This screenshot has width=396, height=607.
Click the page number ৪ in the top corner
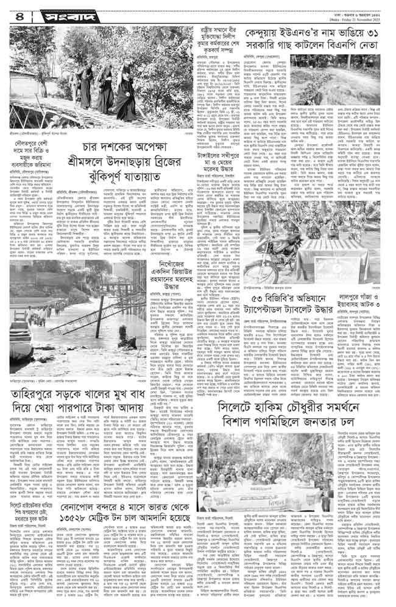point(12,12)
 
